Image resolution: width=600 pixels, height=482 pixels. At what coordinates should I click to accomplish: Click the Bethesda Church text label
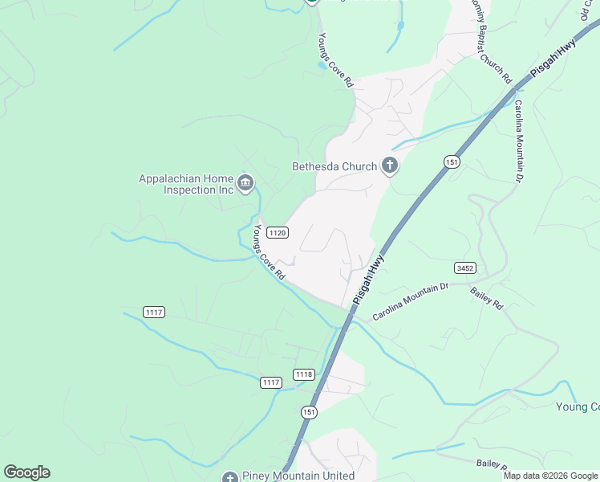(334, 166)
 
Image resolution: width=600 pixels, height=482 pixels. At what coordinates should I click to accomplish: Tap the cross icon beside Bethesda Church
(390, 166)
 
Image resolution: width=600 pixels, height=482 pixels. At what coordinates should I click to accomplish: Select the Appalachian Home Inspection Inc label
(186, 184)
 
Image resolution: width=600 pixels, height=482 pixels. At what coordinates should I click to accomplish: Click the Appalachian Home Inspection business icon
(245, 185)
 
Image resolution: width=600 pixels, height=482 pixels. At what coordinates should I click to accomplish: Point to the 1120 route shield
(278, 232)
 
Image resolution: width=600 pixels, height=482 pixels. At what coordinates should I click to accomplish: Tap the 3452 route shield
(464, 268)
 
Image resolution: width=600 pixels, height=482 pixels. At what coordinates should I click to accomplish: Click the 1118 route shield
(304, 374)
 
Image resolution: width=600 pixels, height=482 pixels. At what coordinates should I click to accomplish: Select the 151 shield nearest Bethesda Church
(452, 161)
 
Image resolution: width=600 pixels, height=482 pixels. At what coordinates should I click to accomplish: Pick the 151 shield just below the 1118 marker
(310, 412)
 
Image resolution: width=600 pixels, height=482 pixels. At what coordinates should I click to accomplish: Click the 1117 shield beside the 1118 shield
(271, 382)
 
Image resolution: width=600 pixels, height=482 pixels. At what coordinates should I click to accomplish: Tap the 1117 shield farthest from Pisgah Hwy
(154, 312)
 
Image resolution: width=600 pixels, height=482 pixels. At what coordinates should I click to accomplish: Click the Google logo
(26, 472)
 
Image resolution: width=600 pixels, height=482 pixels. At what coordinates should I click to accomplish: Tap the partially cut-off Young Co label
(577, 406)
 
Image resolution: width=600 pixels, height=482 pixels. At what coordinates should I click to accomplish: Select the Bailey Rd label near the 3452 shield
(486, 298)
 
